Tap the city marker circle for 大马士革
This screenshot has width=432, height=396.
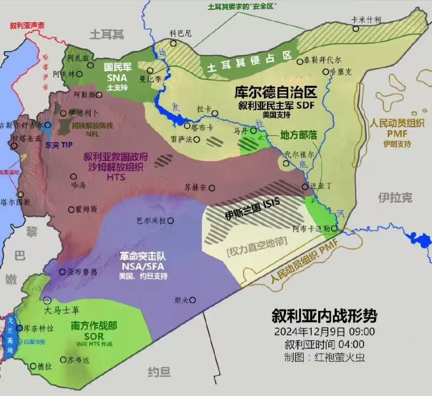(x=47, y=300)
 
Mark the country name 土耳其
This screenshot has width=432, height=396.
(x=107, y=35)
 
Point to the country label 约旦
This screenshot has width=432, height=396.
(x=159, y=372)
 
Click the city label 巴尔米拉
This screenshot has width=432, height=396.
(x=152, y=221)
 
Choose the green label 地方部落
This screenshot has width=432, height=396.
(x=298, y=136)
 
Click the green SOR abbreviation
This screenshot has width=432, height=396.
(x=94, y=336)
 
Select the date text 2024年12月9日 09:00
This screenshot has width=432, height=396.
(x=324, y=332)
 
